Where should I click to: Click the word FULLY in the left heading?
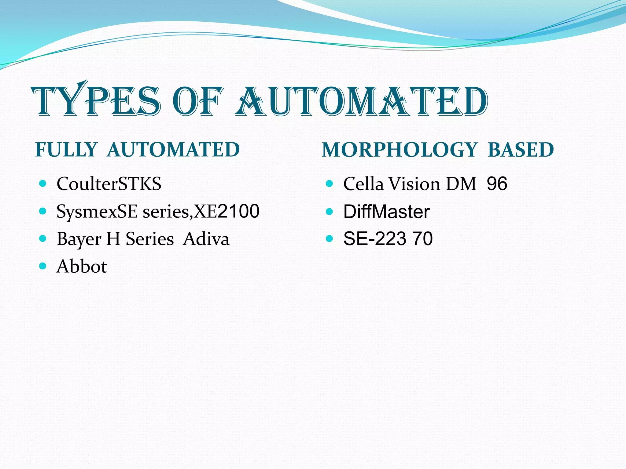[x=66, y=150]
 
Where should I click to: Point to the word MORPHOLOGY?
[x=399, y=150]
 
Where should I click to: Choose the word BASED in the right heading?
[x=521, y=150]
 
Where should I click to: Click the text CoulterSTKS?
[x=109, y=184]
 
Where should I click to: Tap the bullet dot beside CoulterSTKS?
[x=43, y=184]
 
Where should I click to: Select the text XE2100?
[x=227, y=211]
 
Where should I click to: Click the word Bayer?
[x=79, y=239]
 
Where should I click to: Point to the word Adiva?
[x=206, y=239]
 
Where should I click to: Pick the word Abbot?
[x=82, y=266]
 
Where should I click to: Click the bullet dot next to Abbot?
[x=43, y=266]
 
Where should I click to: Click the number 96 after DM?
[x=497, y=184]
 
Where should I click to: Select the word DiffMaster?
[x=386, y=211]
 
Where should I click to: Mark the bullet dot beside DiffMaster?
[x=329, y=211]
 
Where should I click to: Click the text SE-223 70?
[x=388, y=238]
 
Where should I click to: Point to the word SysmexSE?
[x=97, y=211]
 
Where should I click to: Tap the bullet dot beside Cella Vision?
[x=329, y=184]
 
